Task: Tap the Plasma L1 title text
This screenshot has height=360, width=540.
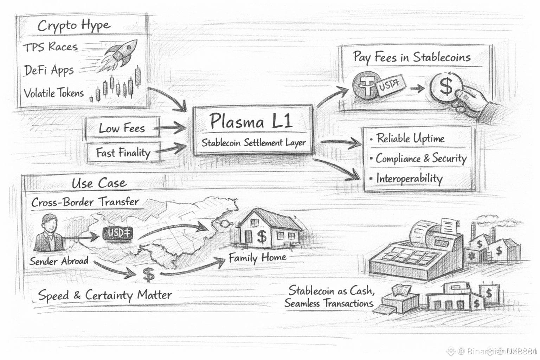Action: (x=251, y=122)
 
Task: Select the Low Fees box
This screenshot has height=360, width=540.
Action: (x=122, y=128)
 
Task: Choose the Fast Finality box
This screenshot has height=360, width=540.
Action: (x=123, y=153)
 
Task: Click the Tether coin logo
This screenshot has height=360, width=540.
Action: (x=365, y=85)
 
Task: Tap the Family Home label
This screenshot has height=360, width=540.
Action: (x=257, y=258)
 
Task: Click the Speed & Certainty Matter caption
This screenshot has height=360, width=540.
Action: (x=105, y=295)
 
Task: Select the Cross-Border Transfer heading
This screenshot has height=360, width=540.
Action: (x=85, y=202)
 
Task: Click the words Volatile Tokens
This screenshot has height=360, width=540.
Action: (x=54, y=93)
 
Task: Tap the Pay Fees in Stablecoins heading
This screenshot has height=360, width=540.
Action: (x=411, y=57)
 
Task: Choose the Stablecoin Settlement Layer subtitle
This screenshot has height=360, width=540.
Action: (x=253, y=143)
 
